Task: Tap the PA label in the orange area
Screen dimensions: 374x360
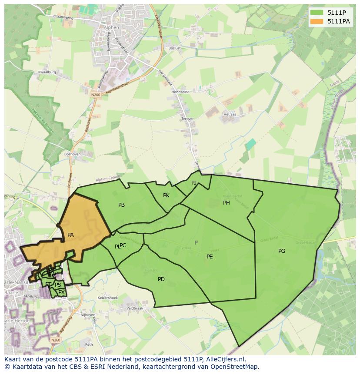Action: tap(70, 235)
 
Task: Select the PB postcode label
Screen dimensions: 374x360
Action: tap(122, 205)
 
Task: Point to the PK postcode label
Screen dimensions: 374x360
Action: tap(166, 195)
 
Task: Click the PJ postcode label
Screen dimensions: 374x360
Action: tap(194, 182)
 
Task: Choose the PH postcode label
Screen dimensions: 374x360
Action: tap(227, 203)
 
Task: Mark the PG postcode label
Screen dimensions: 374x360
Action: tap(282, 251)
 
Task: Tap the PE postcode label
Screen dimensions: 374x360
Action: tap(210, 257)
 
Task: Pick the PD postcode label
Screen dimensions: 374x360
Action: tap(161, 279)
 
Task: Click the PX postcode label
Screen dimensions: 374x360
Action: tap(62, 292)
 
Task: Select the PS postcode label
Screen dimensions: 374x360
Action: tap(58, 285)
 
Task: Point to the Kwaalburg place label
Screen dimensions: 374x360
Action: tap(47, 72)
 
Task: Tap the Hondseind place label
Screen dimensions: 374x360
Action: tap(180, 92)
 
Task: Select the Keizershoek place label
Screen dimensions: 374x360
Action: tap(108, 298)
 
